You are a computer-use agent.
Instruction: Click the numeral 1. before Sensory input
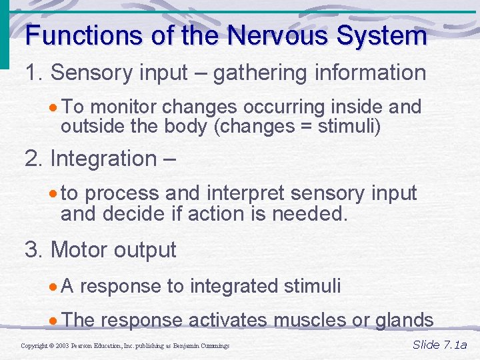34,73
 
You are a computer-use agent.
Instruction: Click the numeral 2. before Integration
34,159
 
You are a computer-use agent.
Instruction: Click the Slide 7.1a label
440,345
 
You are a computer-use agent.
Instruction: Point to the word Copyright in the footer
34,346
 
